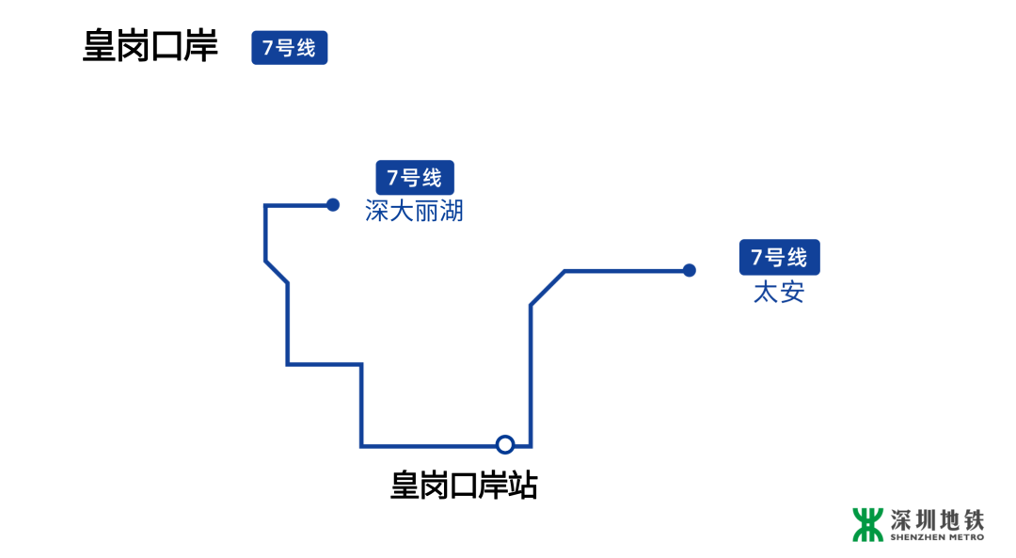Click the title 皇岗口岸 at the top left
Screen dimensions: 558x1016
151,47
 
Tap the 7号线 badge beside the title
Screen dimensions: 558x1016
290,48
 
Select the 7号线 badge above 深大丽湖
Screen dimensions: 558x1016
415,178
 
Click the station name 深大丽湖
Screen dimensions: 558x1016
415,211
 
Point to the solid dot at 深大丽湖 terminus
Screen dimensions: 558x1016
333,204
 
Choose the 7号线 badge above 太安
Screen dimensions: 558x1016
779,258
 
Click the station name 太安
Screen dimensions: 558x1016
779,292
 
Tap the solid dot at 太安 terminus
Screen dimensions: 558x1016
690,270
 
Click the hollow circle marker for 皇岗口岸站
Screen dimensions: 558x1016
505,444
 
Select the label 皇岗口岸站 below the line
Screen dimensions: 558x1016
464,486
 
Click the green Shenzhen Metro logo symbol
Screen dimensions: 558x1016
868,525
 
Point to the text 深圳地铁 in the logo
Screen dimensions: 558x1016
937,519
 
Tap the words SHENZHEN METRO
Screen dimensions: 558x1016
937,537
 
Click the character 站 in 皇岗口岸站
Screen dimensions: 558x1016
522,486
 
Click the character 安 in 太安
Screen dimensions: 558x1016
792,292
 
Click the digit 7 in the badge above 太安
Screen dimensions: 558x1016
756,258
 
